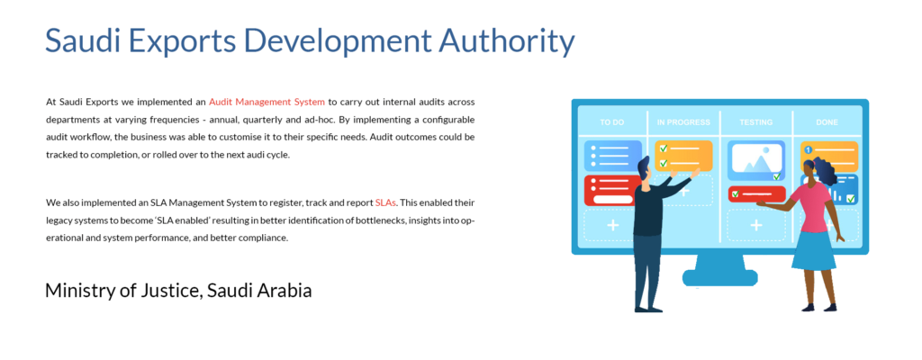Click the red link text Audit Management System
267,102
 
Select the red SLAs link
385,202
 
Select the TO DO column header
612,122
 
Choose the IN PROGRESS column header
683,122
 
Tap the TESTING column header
756,122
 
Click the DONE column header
827,122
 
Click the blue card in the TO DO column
612,156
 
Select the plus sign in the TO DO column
612,225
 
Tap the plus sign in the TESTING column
756,225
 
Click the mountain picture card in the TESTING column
756,160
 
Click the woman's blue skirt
813,250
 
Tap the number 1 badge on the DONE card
808,150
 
